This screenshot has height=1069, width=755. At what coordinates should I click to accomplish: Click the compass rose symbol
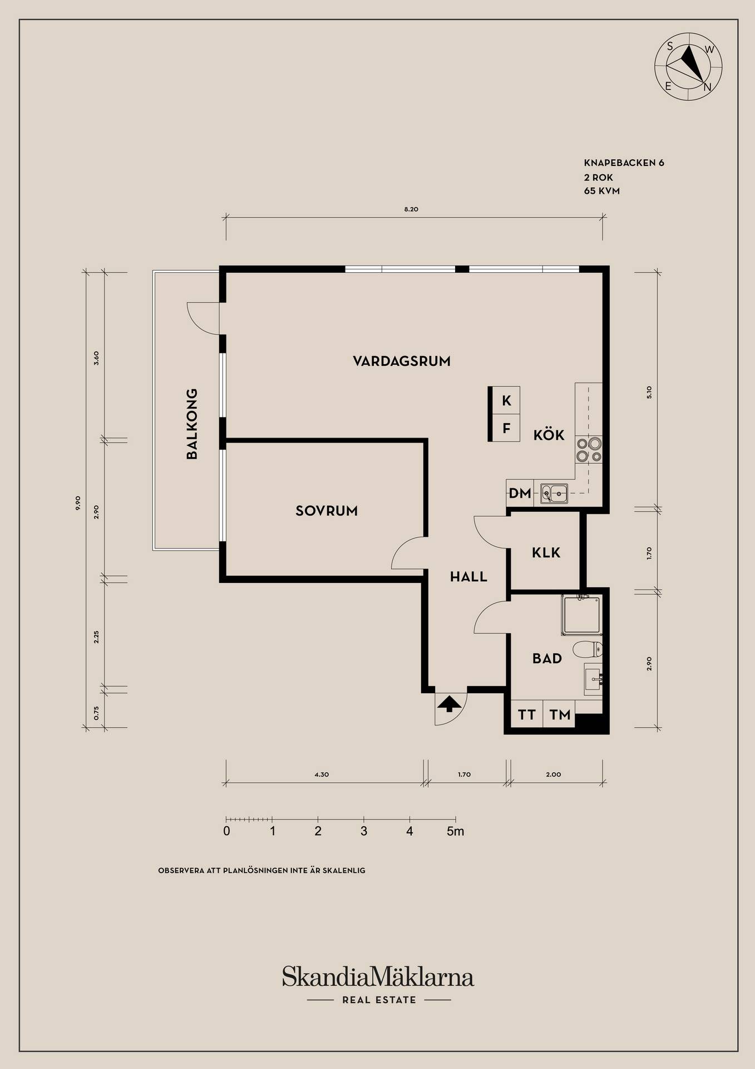point(689,66)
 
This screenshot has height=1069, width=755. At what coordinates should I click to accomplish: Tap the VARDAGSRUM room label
point(402,361)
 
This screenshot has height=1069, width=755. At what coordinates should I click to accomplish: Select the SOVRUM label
point(327,511)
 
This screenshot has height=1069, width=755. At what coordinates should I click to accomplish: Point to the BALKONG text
point(192,424)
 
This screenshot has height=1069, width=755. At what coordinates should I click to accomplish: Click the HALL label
point(468,577)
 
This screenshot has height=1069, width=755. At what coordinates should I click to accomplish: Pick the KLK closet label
point(546,553)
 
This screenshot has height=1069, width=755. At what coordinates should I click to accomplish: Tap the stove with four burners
point(589,450)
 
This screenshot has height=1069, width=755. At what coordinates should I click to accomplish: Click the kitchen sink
point(554,493)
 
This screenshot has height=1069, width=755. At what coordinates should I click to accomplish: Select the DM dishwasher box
point(520,493)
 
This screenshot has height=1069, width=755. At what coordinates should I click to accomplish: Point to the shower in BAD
point(582,615)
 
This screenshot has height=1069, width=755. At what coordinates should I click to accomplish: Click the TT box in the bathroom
point(526,714)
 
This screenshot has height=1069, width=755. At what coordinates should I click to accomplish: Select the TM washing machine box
point(560,714)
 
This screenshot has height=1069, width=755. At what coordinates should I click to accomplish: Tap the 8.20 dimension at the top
point(411,209)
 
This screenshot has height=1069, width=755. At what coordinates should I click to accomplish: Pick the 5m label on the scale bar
point(455,831)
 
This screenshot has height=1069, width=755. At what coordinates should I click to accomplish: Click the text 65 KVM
point(601,191)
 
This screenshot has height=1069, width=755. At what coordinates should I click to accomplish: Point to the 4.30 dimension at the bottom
point(322,774)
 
